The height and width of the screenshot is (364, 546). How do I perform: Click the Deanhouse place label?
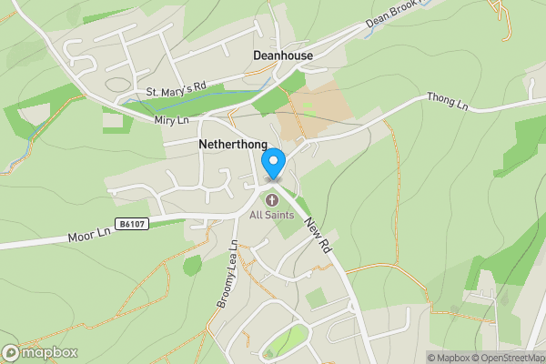point(282,56)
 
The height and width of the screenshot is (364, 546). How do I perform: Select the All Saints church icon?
point(271,199)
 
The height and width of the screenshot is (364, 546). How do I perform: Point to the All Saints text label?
point(271,215)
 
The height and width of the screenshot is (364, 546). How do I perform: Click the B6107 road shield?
point(132,221)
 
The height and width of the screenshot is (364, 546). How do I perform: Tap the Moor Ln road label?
point(88,234)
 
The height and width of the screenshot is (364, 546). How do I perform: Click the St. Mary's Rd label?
point(177,90)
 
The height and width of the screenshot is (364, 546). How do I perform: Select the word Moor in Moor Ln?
point(80,237)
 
